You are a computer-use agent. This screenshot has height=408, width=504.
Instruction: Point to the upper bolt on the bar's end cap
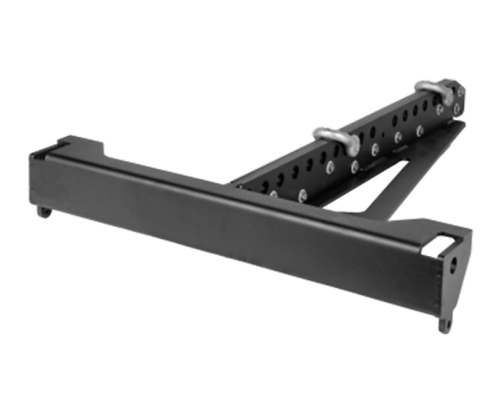460,92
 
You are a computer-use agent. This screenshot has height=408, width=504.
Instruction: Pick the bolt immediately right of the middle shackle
354,165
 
